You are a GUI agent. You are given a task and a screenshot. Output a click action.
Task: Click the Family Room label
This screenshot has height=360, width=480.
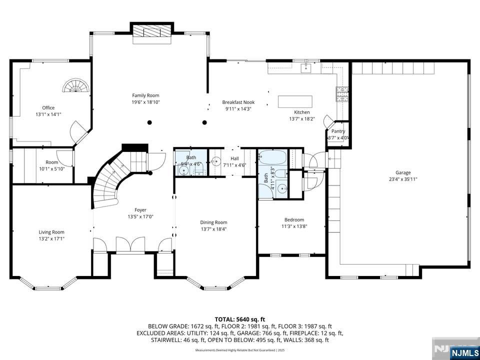145,95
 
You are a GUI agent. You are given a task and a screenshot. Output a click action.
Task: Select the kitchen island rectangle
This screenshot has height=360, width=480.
295,101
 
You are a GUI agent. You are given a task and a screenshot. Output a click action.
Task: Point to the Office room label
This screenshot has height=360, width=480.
48,107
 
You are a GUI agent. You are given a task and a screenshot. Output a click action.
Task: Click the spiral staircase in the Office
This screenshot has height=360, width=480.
76,86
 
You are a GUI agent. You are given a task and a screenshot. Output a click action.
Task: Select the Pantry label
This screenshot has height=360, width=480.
338,131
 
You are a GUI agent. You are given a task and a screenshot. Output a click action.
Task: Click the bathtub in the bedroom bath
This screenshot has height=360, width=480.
272,159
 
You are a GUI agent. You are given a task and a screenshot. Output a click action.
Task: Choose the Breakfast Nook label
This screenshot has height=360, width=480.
238,102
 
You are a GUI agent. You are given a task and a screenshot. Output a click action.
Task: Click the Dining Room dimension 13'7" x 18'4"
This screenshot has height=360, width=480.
213,229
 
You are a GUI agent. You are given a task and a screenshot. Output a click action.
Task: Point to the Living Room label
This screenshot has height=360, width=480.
51,232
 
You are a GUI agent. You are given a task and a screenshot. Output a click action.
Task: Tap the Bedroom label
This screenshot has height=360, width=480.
294,219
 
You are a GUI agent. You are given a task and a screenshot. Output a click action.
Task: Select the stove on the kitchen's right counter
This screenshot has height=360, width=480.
342,94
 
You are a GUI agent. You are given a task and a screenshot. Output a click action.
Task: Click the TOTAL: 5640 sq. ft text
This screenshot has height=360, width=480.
239,319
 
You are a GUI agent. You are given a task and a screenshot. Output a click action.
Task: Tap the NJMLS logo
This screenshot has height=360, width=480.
463,352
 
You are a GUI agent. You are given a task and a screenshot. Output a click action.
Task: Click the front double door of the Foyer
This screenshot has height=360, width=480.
130,245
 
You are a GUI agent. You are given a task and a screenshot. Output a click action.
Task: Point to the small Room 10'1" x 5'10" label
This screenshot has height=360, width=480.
51,162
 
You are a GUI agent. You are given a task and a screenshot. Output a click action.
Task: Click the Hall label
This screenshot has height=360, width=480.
234,158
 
